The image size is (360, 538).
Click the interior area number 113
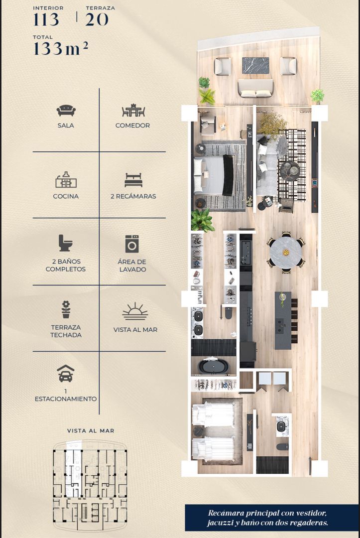click(46, 19)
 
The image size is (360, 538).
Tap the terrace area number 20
click(97, 19)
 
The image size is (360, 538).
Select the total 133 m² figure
click(61, 49)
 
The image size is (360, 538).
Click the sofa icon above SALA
click(66, 111)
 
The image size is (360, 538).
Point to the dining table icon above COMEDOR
click(133, 111)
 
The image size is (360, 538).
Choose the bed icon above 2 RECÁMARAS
click(133, 180)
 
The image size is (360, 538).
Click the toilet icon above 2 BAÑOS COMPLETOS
click(65, 243)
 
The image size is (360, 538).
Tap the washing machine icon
click(132, 244)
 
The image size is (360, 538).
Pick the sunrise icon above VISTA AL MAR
click(135, 311)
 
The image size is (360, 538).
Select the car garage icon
click(66, 373)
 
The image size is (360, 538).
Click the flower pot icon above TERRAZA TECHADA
click(66, 309)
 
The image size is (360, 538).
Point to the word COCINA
click(66, 196)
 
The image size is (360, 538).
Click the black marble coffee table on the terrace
click(256, 66)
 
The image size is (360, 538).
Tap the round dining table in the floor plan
click(286, 253)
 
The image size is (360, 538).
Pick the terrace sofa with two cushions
click(255, 89)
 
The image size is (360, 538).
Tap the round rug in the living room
click(290, 170)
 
